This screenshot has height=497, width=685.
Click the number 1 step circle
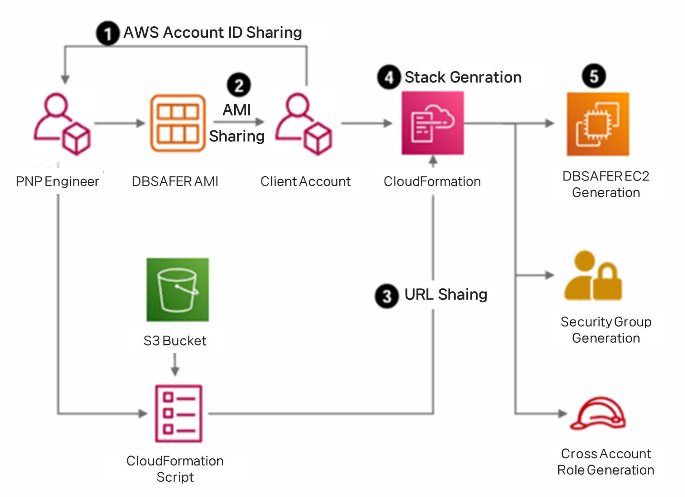[x=108, y=34]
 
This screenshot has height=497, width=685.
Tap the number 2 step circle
[x=239, y=85]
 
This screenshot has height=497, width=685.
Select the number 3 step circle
[x=386, y=296]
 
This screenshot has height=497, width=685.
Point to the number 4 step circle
[x=389, y=77]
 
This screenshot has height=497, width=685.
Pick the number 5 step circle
[x=593, y=76]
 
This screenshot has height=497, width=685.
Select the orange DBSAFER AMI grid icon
[x=178, y=123]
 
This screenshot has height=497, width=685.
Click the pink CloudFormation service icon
[x=433, y=123]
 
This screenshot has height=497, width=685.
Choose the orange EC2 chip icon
[x=598, y=124]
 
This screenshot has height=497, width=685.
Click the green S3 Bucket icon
[x=177, y=289]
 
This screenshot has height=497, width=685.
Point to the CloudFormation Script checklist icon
[x=178, y=413]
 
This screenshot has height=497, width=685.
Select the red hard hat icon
[x=599, y=413]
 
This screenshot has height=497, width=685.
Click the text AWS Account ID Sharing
[x=213, y=32]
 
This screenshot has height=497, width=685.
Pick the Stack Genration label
[x=463, y=77]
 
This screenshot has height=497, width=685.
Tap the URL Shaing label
[x=446, y=295]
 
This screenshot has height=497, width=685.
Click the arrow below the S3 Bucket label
[x=175, y=365]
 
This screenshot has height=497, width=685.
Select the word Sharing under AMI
[x=237, y=136]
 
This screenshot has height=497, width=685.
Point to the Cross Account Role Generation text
[x=606, y=462]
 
